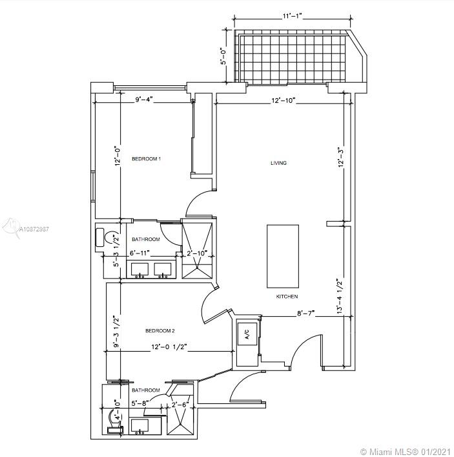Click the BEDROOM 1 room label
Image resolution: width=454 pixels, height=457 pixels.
click(x=146, y=159)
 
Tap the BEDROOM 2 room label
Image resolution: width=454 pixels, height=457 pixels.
click(x=160, y=331)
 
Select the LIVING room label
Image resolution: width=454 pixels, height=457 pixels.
click(x=279, y=163)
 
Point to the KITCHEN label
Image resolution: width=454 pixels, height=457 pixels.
click(x=287, y=297)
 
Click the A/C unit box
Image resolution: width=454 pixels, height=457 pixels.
click(x=247, y=334)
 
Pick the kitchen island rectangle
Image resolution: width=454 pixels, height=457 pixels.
click(x=283, y=256)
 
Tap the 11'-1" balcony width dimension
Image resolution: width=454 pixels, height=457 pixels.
click(x=291, y=16)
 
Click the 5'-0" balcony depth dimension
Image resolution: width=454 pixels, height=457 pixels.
click(x=223, y=57)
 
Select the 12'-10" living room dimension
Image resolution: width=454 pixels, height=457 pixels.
click(x=284, y=101)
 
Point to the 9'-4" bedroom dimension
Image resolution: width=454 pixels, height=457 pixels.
click(x=144, y=100)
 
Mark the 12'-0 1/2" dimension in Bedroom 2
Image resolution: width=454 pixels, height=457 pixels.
click(x=169, y=347)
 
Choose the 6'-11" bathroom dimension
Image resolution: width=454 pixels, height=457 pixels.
click(x=139, y=253)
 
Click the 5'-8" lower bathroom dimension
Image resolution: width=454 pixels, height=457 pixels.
click(x=140, y=404)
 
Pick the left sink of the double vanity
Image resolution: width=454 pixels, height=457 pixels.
click(x=139, y=270)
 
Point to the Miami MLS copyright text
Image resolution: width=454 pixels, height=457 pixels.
click(x=406, y=451)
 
